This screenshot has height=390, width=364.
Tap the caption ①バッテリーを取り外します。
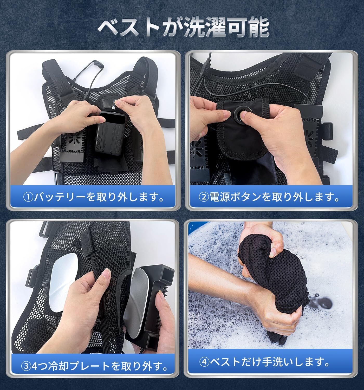click(x=94, y=197)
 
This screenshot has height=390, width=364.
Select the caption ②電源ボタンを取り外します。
click(x=269, y=197)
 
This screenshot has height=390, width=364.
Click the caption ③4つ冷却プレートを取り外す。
click(x=94, y=366)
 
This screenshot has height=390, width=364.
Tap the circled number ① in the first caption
click(x=28, y=197)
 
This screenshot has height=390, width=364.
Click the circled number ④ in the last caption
click(x=204, y=362)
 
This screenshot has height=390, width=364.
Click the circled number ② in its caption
click(x=204, y=197)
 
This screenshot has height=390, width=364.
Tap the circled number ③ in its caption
click(x=26, y=366)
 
